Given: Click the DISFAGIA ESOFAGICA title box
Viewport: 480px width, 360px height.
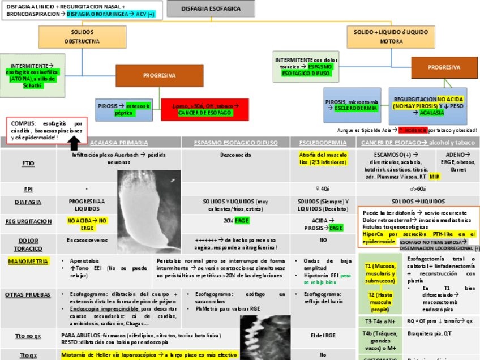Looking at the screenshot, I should [x=211, y=8].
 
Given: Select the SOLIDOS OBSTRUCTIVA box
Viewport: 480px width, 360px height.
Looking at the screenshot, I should [x=82, y=37].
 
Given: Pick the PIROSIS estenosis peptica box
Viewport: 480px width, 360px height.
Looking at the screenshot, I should [x=123, y=109].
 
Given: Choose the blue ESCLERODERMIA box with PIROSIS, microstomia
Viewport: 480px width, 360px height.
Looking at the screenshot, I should [x=352, y=105].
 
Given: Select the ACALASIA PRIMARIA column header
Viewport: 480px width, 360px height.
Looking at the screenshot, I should [x=119, y=143].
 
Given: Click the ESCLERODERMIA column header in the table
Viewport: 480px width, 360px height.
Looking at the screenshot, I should [x=322, y=143].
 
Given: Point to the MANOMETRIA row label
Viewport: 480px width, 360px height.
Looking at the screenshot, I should [x=28, y=261].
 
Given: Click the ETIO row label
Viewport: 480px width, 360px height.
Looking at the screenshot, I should [x=28, y=164].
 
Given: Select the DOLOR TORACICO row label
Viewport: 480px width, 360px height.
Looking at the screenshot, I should [x=28, y=244].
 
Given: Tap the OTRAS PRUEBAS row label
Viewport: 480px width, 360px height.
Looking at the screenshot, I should [x=28, y=294].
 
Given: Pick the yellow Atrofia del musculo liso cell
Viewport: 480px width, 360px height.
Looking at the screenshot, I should [x=322, y=158].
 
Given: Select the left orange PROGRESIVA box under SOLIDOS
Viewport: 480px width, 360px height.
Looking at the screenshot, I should [x=159, y=75].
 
